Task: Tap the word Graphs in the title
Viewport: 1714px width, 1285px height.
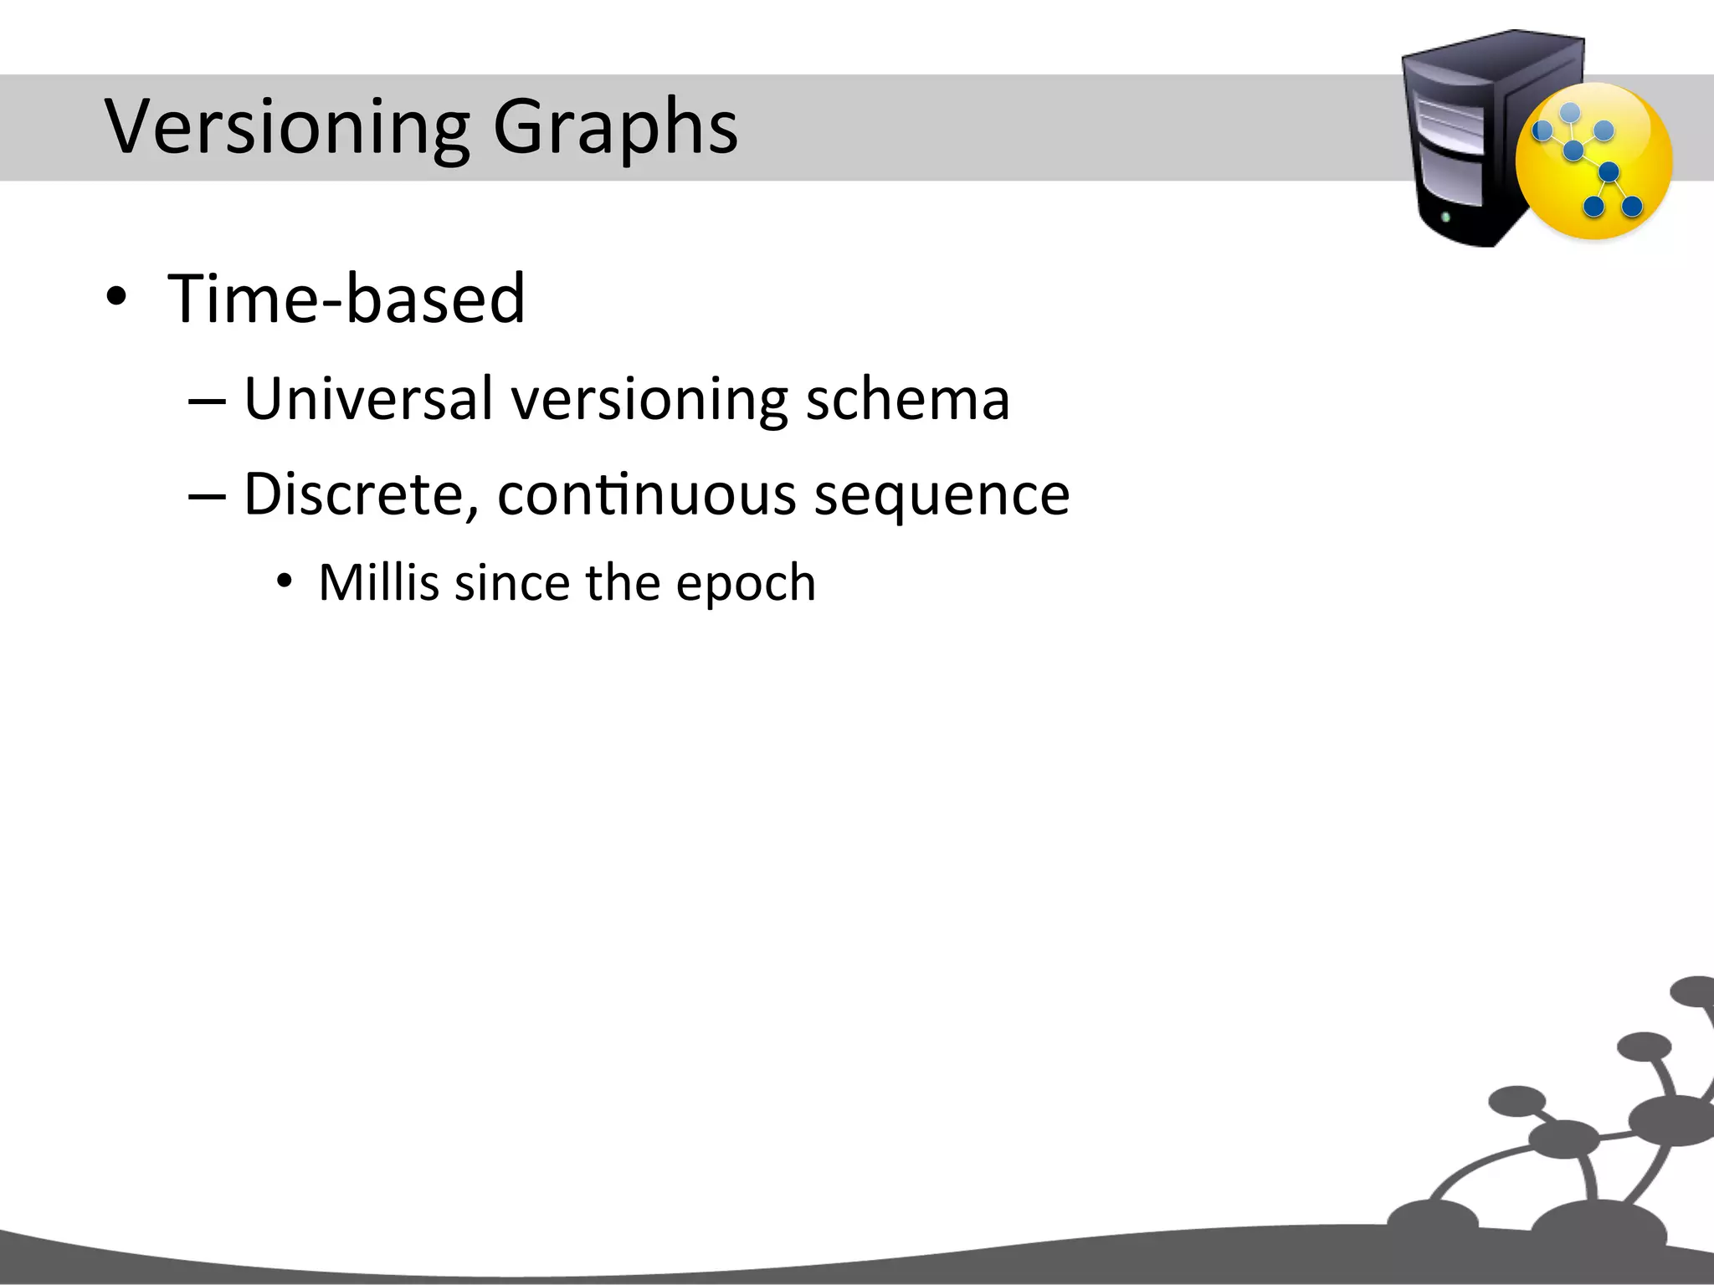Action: click(615, 127)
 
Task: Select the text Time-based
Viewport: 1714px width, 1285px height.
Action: click(346, 299)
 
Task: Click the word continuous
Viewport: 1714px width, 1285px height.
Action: click(646, 494)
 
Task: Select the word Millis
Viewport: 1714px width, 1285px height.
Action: click(378, 582)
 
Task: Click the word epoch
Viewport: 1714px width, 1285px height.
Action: click(745, 584)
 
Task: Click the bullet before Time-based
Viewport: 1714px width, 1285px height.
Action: click(116, 299)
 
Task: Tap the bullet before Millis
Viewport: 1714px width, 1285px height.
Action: click(285, 580)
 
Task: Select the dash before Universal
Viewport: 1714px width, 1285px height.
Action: click(207, 402)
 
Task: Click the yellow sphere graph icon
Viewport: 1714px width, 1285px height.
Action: click(1593, 161)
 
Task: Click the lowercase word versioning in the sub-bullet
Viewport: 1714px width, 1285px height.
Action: click(649, 400)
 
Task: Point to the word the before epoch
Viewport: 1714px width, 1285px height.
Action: click(623, 582)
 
